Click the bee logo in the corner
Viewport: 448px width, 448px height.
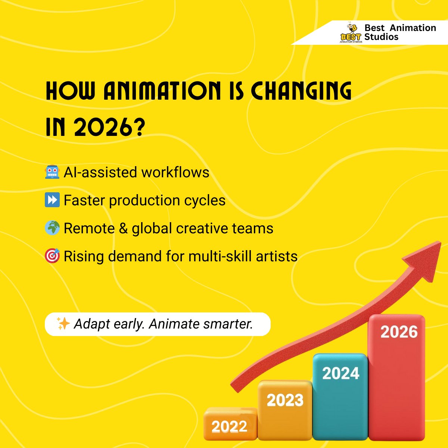(x=351, y=33)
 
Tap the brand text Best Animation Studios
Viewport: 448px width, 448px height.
(x=400, y=32)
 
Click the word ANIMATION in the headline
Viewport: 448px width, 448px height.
(x=162, y=91)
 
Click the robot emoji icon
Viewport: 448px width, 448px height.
(x=52, y=172)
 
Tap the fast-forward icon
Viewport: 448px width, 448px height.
(x=52, y=200)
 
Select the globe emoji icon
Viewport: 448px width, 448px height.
(x=52, y=228)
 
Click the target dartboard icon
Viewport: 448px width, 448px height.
(x=52, y=256)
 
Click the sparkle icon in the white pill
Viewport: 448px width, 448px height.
(x=63, y=324)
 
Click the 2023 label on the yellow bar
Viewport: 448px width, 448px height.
(x=285, y=401)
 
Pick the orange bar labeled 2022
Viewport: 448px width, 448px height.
(x=230, y=426)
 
